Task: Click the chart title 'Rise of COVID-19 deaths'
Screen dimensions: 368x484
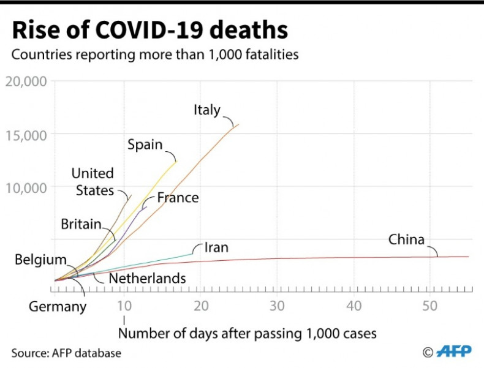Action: (x=151, y=30)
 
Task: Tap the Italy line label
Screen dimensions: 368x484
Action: (x=207, y=110)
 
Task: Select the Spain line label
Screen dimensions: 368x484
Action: (x=145, y=145)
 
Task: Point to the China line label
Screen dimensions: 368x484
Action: (x=406, y=239)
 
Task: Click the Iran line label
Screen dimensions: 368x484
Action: (x=216, y=248)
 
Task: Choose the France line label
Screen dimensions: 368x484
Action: (x=178, y=198)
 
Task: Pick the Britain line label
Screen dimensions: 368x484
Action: (x=81, y=224)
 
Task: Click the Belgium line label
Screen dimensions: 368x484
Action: (x=40, y=260)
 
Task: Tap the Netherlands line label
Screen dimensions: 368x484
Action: (x=147, y=279)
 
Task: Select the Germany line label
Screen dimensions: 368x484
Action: (x=58, y=306)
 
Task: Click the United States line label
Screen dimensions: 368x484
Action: (x=93, y=182)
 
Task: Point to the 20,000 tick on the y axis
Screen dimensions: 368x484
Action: (x=25, y=82)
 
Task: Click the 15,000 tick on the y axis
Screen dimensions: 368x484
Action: (x=25, y=135)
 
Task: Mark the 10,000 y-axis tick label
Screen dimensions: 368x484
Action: (x=25, y=187)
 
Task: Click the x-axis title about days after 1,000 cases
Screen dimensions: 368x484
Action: (x=246, y=334)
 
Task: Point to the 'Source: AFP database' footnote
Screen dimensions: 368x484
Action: (x=66, y=353)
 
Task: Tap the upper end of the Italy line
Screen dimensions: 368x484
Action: (x=238, y=124)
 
